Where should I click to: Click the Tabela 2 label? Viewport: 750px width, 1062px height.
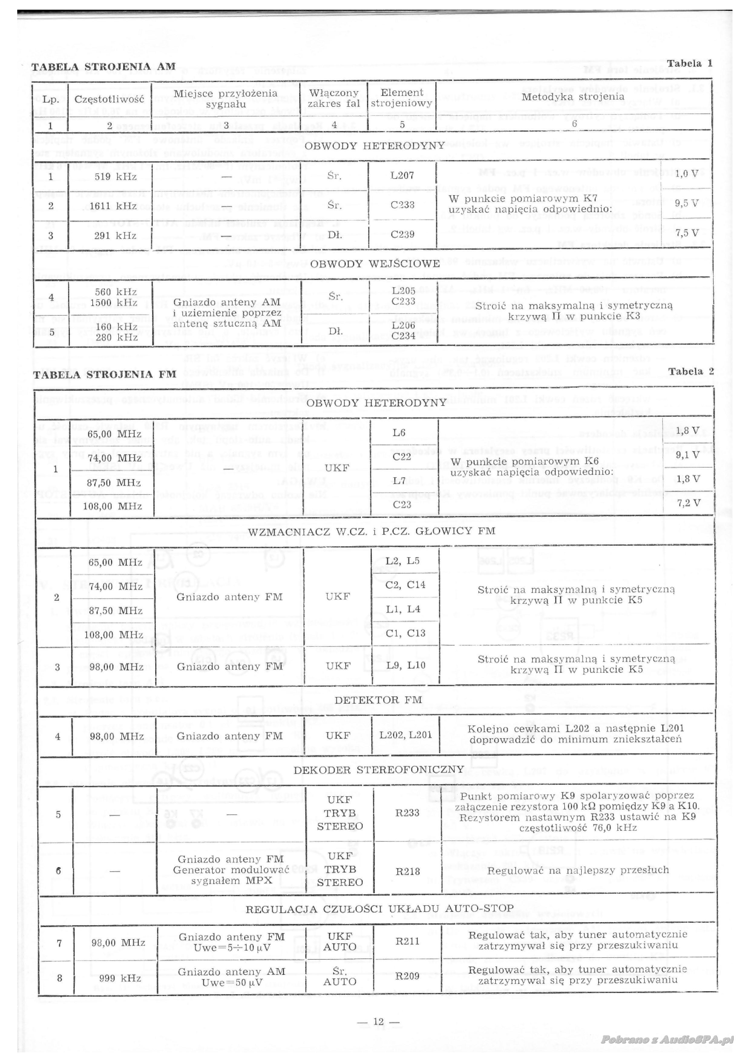(x=691, y=371)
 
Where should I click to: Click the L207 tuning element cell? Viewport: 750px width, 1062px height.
(x=402, y=175)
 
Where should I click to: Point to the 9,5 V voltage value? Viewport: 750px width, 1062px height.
(x=687, y=203)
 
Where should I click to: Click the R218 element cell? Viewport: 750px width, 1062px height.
(x=408, y=872)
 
